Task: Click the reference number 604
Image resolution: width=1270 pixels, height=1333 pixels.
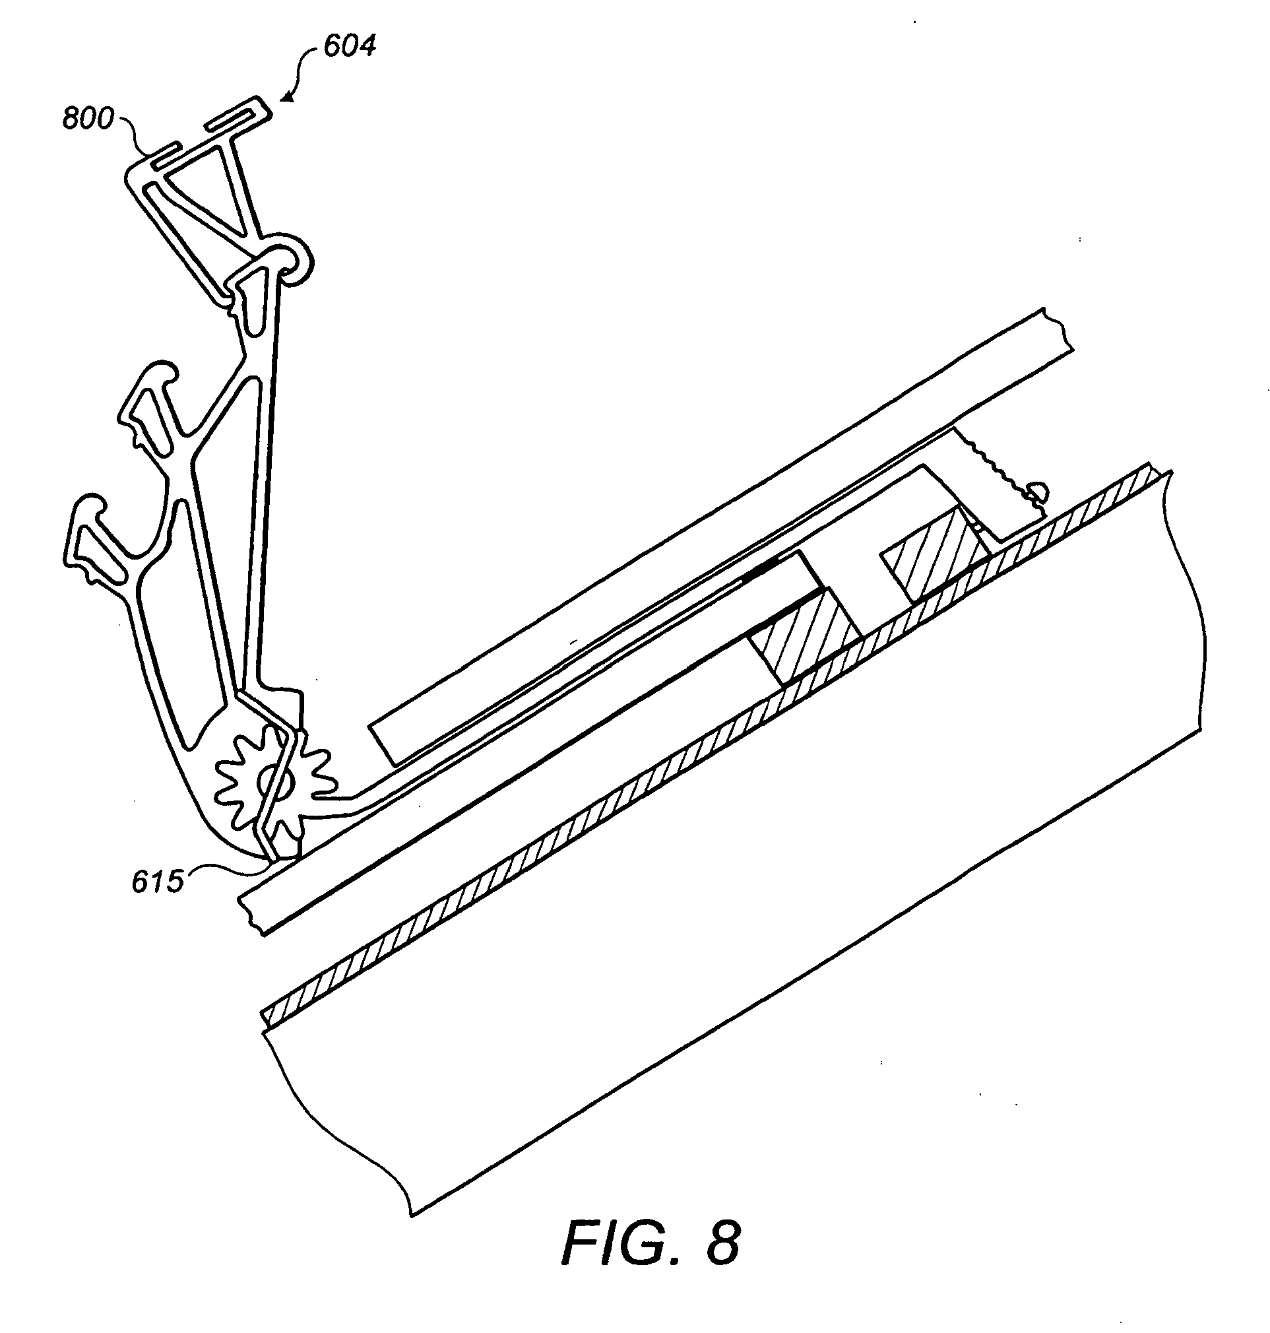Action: pyautogui.click(x=348, y=46)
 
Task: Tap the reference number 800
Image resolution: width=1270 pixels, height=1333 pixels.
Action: pyautogui.click(x=88, y=119)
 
